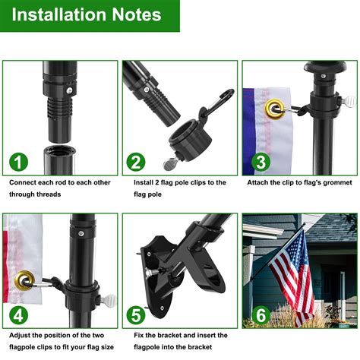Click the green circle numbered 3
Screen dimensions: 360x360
coord(260,162)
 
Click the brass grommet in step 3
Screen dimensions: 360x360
coord(273,111)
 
